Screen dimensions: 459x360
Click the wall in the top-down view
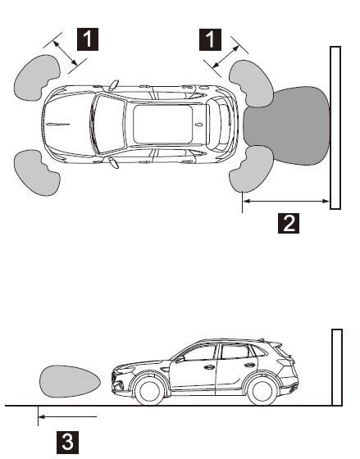coord(335,127)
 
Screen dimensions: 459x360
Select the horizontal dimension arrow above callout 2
coord(287,201)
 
